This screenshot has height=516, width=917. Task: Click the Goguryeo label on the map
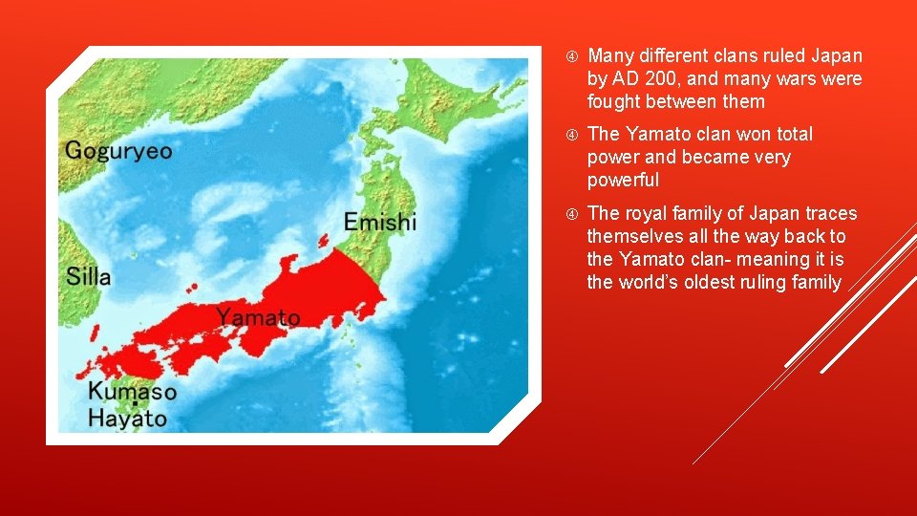point(118,151)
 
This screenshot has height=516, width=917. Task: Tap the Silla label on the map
point(89,277)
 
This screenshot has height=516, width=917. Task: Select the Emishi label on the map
point(380,223)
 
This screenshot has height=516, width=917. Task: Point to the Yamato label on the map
point(257,317)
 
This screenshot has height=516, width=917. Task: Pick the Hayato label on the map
point(127,418)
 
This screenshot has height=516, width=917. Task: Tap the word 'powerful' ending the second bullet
point(623,180)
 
